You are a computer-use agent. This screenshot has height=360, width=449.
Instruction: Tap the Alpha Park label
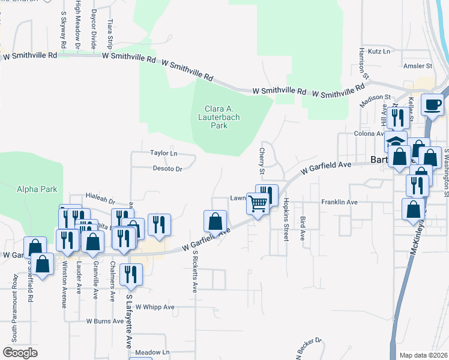[37, 189]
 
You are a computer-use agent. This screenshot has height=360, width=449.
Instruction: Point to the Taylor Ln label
[164, 154]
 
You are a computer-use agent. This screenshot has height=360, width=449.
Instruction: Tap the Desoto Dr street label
[167, 169]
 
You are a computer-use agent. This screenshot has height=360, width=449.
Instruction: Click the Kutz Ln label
[379, 52]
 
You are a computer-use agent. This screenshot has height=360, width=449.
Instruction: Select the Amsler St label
[418, 66]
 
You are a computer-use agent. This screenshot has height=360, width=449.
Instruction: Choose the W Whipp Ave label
[154, 307]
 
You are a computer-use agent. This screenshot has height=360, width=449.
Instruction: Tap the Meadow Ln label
[152, 352]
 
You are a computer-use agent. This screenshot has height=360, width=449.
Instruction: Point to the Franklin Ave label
[339, 202]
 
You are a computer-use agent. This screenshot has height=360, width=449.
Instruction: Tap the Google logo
[20, 353]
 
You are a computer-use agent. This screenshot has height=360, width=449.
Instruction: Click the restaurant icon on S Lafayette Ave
[131, 274]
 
